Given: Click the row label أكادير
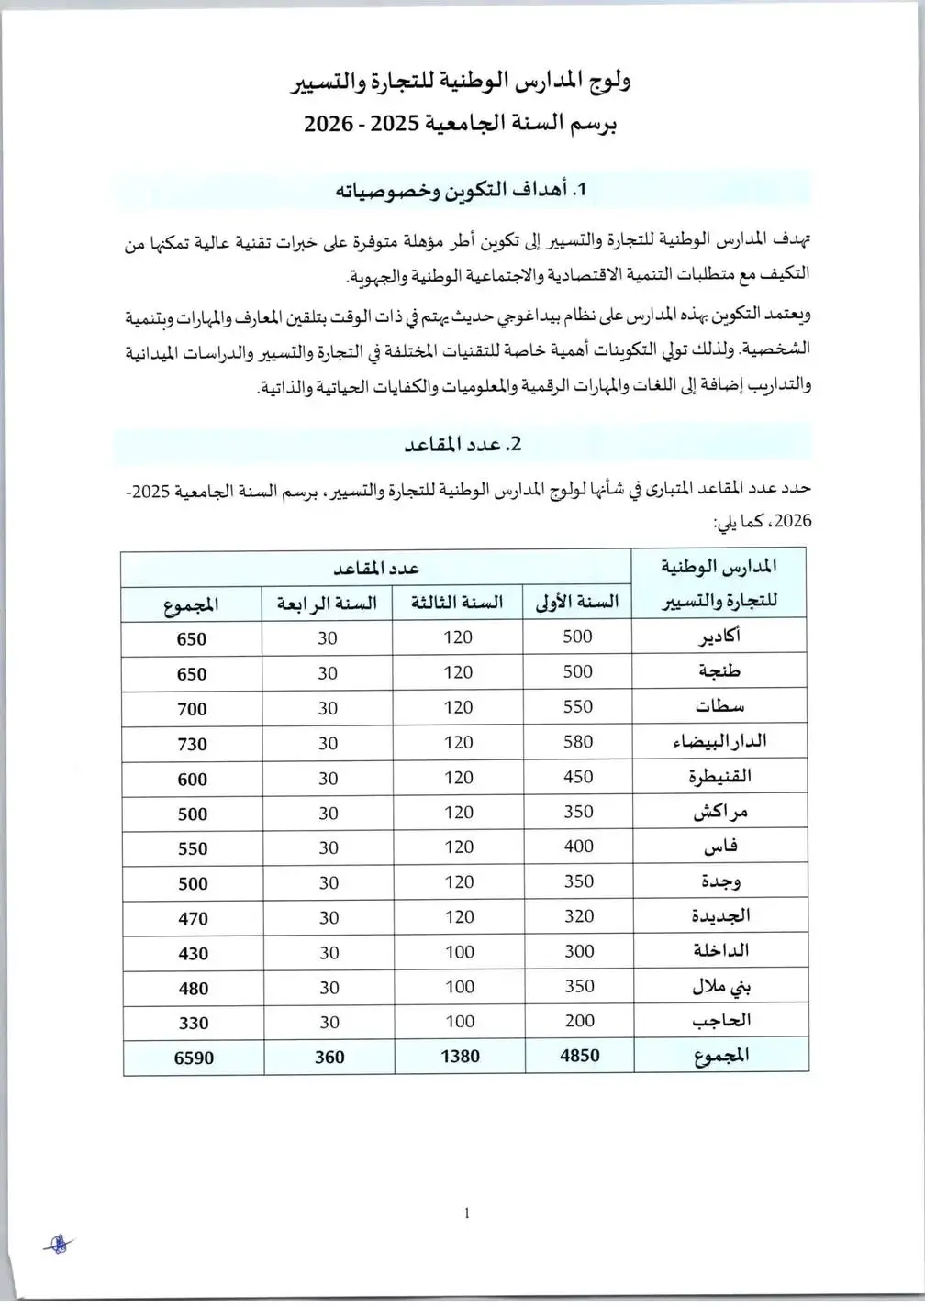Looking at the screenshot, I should point(719,637).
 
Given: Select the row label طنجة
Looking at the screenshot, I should point(719,671).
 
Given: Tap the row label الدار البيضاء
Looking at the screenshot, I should point(719,741).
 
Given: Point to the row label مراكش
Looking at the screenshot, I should point(719,812).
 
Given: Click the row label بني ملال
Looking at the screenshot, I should point(719,987).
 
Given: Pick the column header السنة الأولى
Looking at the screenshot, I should point(577,602).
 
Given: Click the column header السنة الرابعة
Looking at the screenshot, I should point(327,604).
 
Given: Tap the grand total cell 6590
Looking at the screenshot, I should point(194,1058).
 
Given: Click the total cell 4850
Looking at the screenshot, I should point(579,1056).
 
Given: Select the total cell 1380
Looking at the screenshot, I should point(460,1057).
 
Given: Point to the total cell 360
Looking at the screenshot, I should point(329,1058).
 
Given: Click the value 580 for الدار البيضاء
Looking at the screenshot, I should point(578,741).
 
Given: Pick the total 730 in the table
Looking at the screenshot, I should point(192,744).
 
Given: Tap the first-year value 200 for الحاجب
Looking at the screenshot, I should point(579,1021).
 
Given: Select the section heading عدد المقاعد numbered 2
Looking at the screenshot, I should point(462,444).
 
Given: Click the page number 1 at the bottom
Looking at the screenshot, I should point(467,1213).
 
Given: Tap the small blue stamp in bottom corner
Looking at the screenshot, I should point(58,1245).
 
